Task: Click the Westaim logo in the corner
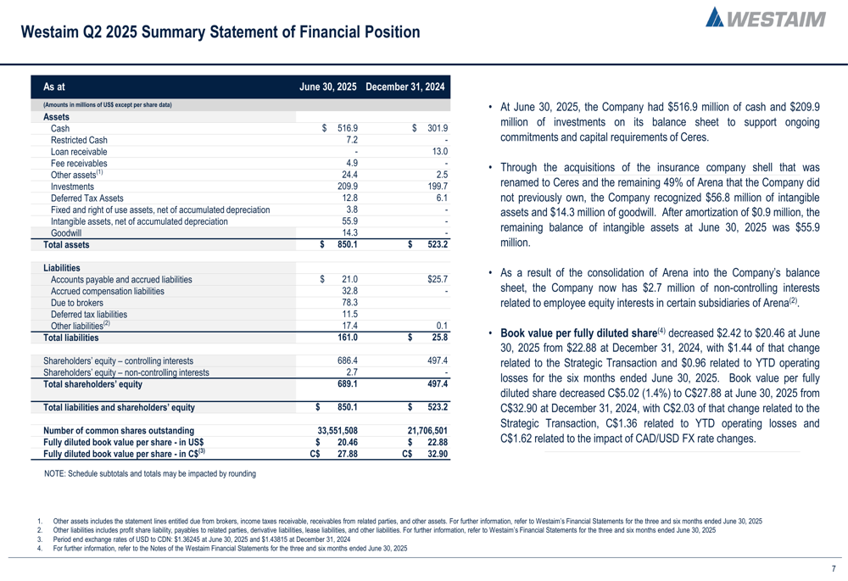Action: click(766, 19)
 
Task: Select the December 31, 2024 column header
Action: click(405, 87)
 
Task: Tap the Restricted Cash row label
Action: click(79, 140)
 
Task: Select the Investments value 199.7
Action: click(436, 186)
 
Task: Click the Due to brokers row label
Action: click(76, 302)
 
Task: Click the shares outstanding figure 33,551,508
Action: click(336, 430)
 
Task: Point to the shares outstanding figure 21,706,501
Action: click(427, 430)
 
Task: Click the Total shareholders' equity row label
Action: click(92, 384)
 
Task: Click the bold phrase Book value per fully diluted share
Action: click(577, 332)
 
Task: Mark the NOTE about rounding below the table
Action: click(149, 473)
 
